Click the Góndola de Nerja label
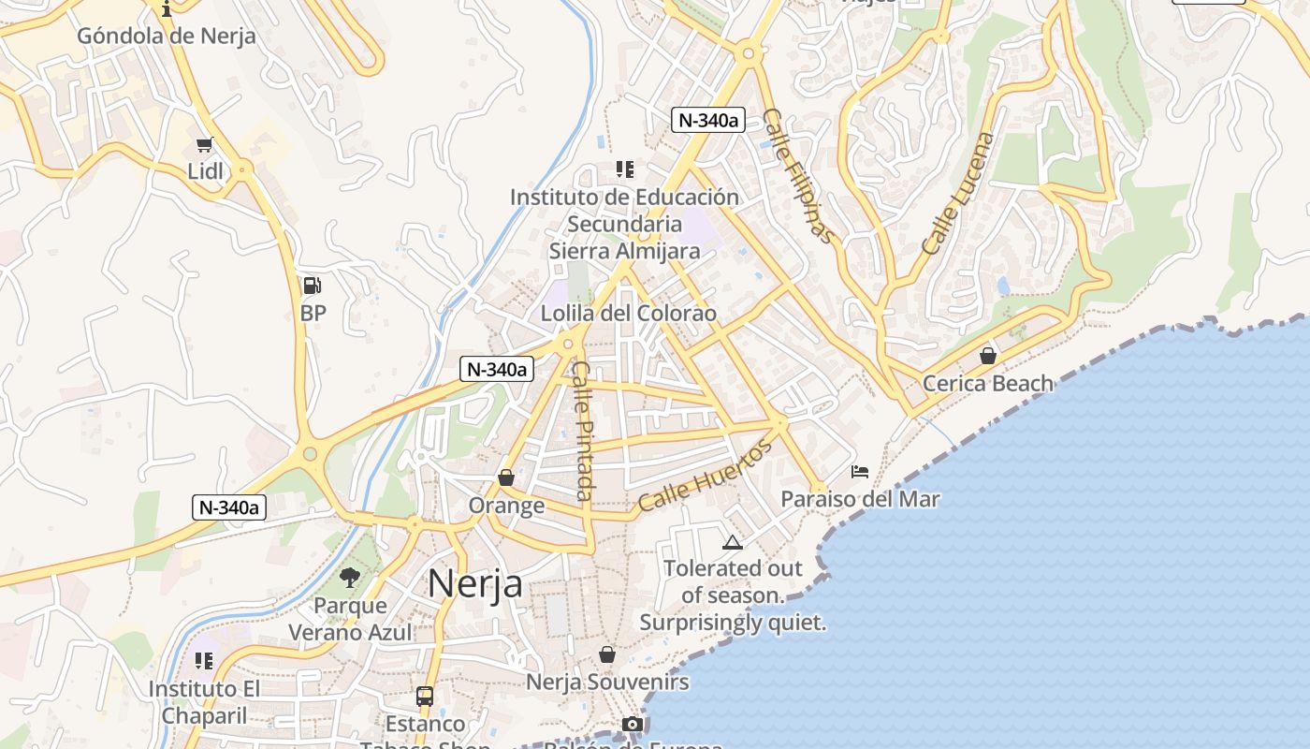coord(166,37)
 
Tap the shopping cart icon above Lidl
coord(205,144)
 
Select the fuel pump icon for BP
coord(313,286)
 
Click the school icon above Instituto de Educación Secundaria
coord(624,169)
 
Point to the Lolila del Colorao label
coord(628,313)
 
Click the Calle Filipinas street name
coord(797,175)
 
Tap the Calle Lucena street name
coord(958,194)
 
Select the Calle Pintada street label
coord(583,430)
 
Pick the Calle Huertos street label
coord(706,477)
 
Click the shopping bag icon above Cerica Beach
coord(987,356)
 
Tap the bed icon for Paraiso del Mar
coord(860,471)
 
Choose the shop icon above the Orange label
coord(506,478)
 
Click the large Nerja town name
coord(475,583)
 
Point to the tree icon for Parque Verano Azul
coord(350,578)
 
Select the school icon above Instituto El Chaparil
coord(204,661)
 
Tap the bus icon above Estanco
coord(425,696)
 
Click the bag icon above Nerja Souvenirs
coord(607,654)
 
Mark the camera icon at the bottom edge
coord(633,725)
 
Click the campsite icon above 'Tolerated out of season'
coord(732,541)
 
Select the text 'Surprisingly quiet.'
coord(733,622)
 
